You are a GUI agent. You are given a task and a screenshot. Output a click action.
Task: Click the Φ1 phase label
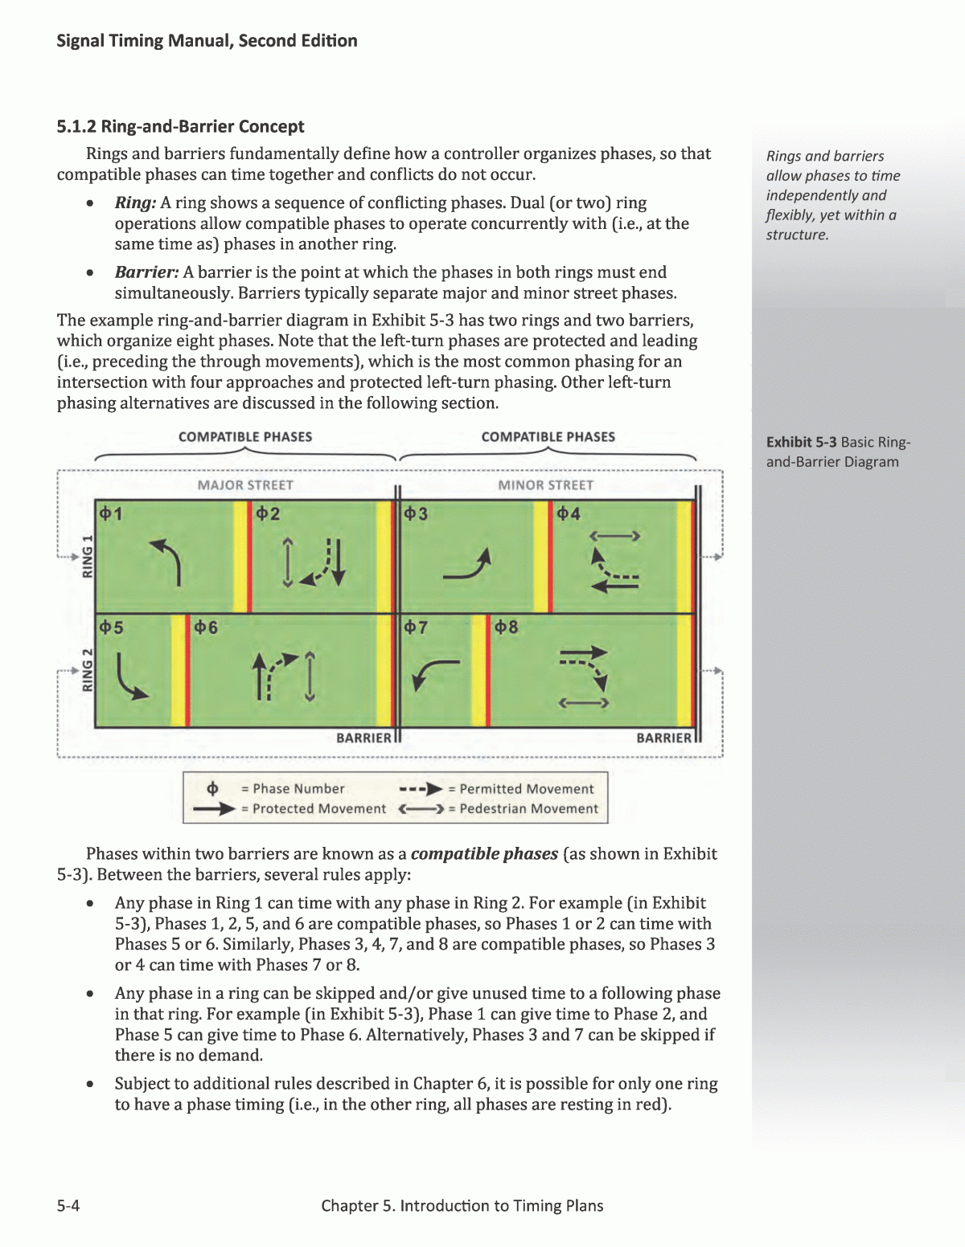pyautogui.click(x=111, y=513)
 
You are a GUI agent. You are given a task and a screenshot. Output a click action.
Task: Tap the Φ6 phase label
pyautogui.click(x=206, y=628)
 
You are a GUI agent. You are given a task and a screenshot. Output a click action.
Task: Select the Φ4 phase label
pyautogui.click(x=568, y=513)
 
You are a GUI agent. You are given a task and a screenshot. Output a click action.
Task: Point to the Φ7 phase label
pyautogui.click(x=416, y=628)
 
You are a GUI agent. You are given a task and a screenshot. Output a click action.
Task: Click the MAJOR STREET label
pyautogui.click(x=245, y=485)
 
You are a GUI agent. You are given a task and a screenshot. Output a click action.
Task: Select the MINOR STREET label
pyautogui.click(x=545, y=485)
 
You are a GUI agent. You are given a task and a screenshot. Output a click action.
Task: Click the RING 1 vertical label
pyautogui.click(x=88, y=555)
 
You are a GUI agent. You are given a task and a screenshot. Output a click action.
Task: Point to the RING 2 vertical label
pyautogui.click(x=88, y=669)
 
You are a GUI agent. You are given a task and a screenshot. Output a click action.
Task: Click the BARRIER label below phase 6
pyautogui.click(x=363, y=738)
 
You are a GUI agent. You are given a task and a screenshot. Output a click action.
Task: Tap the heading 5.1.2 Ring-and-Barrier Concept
pyautogui.click(x=180, y=126)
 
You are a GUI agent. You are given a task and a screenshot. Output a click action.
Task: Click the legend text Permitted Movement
pyautogui.click(x=526, y=789)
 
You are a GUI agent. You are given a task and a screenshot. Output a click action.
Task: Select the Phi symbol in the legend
pyautogui.click(x=213, y=788)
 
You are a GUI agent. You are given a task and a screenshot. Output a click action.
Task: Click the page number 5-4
pyautogui.click(x=68, y=1205)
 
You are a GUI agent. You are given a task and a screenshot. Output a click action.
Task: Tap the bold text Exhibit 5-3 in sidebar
pyautogui.click(x=801, y=442)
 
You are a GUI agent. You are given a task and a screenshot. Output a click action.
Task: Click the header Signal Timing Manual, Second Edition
pyautogui.click(x=207, y=41)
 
